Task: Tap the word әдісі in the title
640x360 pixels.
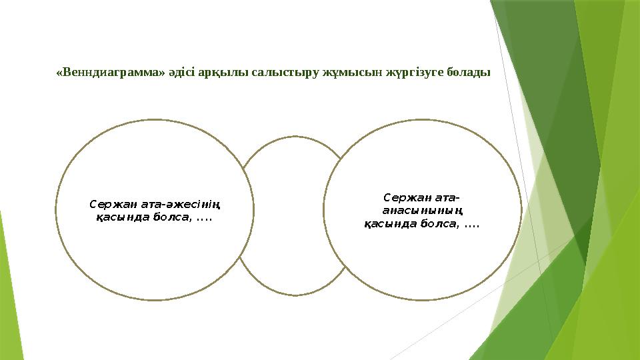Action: click(182, 71)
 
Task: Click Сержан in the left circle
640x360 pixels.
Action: click(110, 204)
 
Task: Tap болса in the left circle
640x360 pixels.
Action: click(169, 217)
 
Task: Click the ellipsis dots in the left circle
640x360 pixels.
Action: click(203, 217)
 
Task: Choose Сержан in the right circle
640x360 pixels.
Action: click(405, 197)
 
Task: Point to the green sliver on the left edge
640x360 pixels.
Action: click(5, 280)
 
